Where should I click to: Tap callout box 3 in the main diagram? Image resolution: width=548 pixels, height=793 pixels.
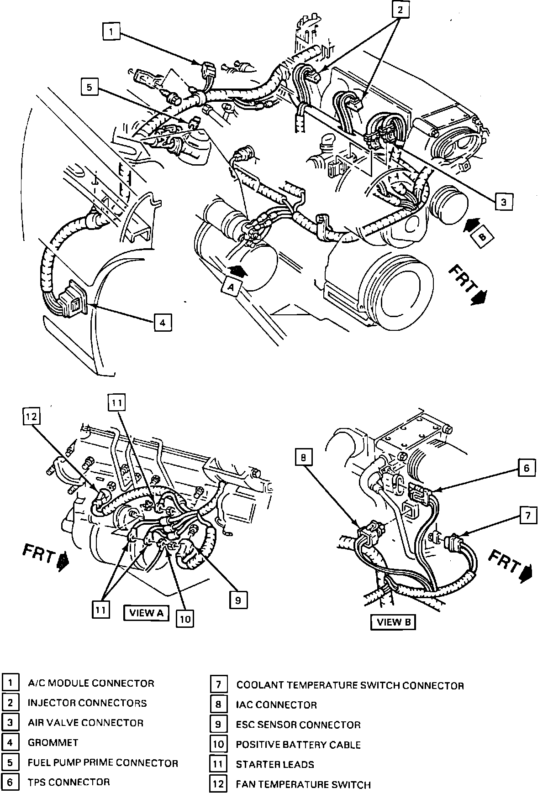click(x=503, y=201)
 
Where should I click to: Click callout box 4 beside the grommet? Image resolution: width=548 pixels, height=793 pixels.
click(x=162, y=322)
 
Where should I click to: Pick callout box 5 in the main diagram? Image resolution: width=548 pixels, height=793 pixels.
click(x=90, y=87)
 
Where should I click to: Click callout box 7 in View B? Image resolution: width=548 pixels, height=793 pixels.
click(x=527, y=516)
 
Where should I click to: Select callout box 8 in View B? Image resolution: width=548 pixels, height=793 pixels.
click(x=305, y=457)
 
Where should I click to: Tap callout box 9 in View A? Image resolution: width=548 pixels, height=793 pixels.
click(x=237, y=600)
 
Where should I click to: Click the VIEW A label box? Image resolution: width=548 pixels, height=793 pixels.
click(x=146, y=613)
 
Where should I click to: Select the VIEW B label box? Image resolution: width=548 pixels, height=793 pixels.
click(x=393, y=622)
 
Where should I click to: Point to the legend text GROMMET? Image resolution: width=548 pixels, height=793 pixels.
click(x=53, y=743)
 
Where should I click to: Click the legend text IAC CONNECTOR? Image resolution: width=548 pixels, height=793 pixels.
click(x=276, y=705)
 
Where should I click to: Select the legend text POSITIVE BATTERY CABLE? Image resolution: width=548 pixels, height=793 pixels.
click(x=298, y=745)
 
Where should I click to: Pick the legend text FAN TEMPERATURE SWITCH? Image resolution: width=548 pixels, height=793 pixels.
click(x=303, y=784)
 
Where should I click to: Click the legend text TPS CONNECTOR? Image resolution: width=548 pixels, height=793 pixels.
click(x=68, y=782)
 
